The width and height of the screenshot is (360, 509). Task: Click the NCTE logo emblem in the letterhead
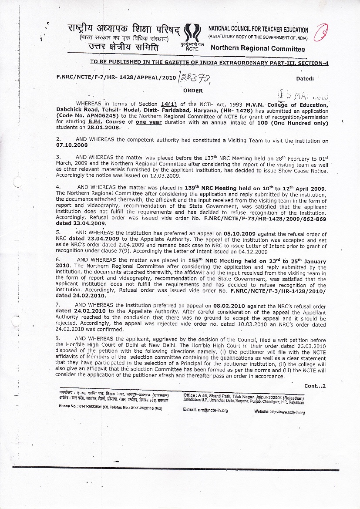(192, 34)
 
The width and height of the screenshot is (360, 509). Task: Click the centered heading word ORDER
(192, 91)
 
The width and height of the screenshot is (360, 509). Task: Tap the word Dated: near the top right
(305, 79)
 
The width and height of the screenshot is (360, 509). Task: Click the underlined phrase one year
(149, 122)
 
